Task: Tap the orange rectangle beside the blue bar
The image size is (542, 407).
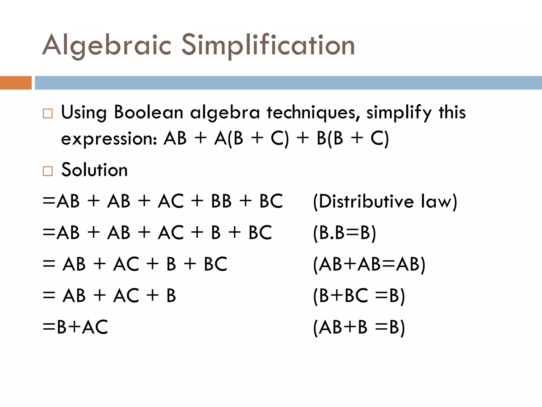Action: coord(16,83)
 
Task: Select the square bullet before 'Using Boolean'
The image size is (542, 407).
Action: coord(48,113)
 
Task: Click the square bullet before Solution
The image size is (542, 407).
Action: coord(48,171)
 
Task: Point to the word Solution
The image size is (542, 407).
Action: coord(94,170)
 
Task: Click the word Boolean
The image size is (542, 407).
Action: coord(148,112)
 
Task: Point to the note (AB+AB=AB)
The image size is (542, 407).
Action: coord(369,264)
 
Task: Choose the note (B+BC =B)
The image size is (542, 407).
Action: coord(359,296)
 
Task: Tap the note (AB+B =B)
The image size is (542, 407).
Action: coord(359,327)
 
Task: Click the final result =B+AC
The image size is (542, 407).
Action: coord(75,327)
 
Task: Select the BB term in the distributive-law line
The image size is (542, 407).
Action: coord(221,201)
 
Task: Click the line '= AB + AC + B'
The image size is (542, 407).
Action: coord(109,295)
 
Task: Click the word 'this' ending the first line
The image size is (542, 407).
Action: coord(452,112)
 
